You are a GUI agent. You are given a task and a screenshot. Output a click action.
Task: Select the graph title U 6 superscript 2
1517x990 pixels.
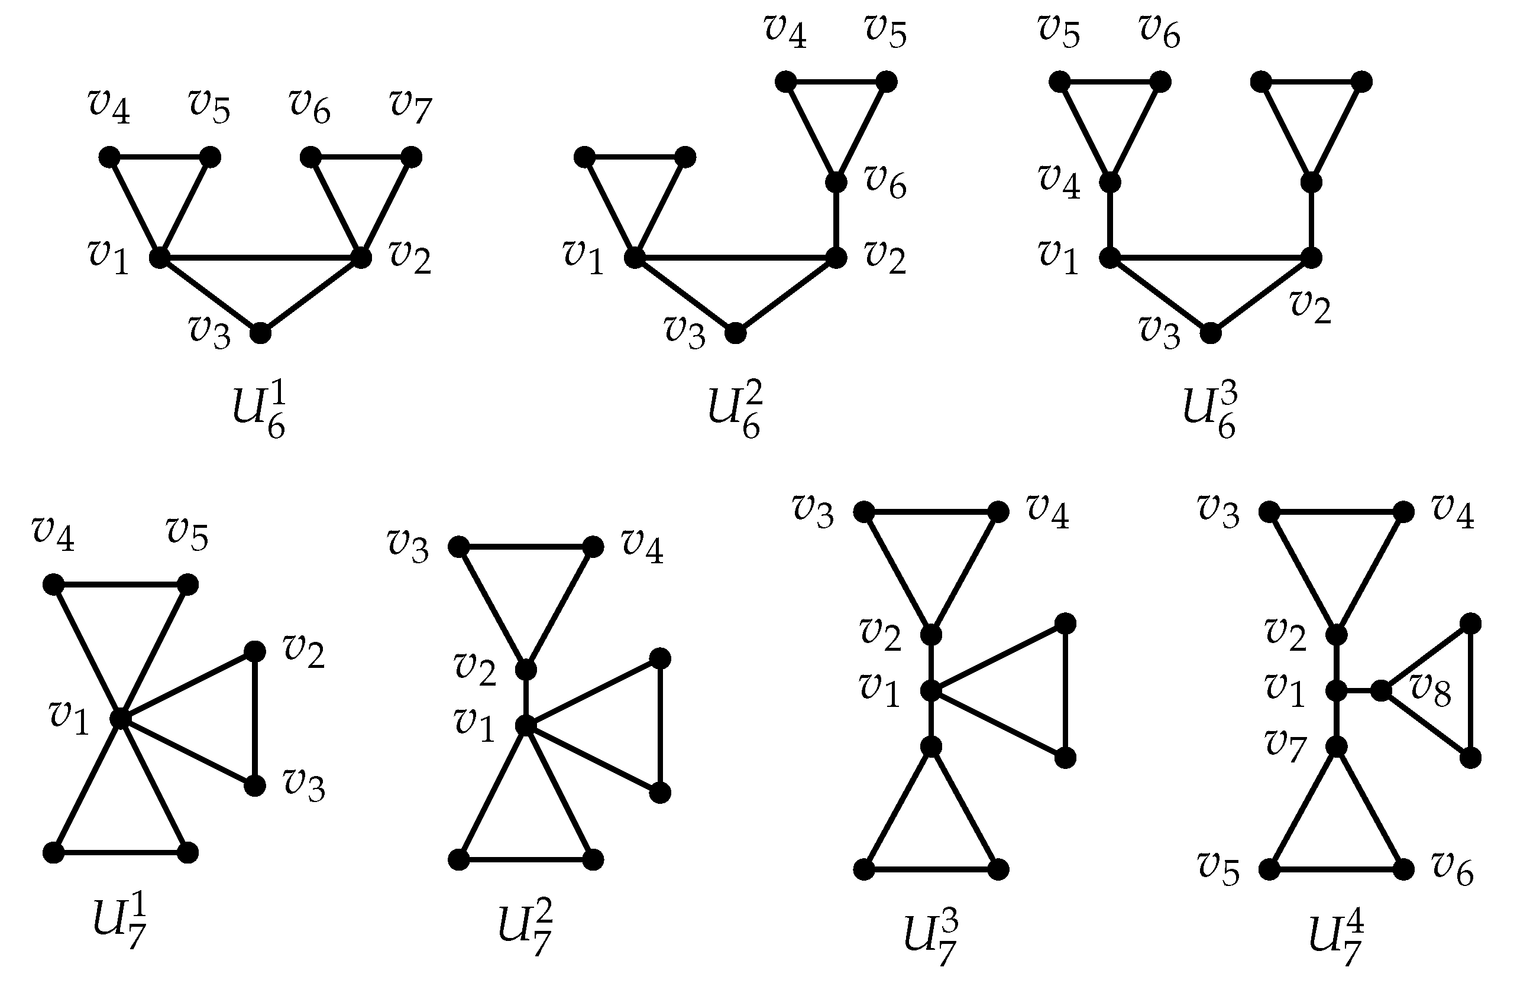(x=735, y=411)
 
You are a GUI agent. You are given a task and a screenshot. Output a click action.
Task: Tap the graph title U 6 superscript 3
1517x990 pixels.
(x=1211, y=411)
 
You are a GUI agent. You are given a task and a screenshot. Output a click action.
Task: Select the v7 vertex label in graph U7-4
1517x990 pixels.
(x=1286, y=745)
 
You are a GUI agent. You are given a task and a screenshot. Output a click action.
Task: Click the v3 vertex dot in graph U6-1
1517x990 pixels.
(x=260, y=333)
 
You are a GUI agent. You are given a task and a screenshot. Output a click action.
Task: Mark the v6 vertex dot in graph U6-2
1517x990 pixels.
(x=836, y=182)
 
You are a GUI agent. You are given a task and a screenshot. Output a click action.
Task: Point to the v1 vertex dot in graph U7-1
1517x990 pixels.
(x=120, y=719)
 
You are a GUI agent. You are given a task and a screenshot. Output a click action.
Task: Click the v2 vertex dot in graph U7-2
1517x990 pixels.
(x=526, y=670)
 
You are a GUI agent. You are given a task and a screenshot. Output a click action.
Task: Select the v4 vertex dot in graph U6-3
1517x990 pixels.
(x=1110, y=182)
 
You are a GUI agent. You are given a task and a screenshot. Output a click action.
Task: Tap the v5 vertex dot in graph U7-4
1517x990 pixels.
(x=1269, y=869)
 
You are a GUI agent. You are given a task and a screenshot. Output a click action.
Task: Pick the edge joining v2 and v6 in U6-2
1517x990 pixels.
(x=836, y=220)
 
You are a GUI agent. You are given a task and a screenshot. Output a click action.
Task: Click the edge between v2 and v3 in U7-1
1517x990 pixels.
(x=255, y=719)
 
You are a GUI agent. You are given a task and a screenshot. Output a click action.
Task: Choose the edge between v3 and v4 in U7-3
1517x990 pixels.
(x=930, y=512)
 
